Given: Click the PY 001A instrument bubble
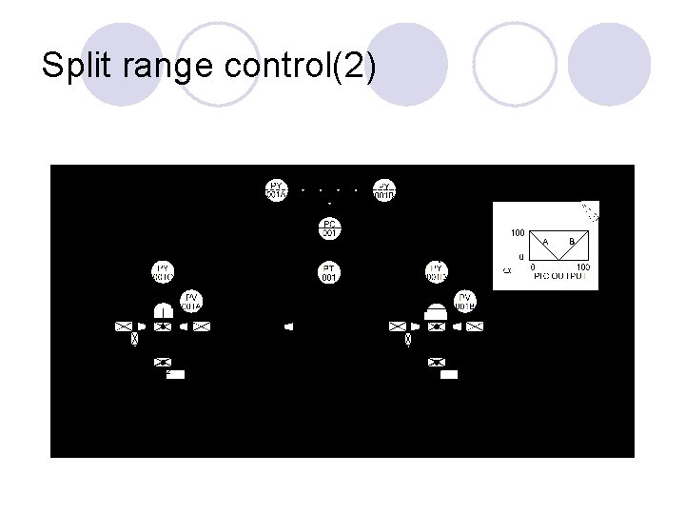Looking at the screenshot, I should click(x=276, y=189).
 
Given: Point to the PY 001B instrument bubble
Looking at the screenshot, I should click(x=383, y=189).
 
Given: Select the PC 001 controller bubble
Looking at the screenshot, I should click(x=329, y=228).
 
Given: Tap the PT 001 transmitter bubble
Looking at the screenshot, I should click(x=329, y=273).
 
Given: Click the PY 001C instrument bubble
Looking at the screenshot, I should click(x=163, y=272).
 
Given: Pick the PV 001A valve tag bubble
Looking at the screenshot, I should click(x=190, y=301).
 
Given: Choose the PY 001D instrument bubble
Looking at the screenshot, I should click(x=437, y=272).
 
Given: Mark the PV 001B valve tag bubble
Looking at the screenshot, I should click(x=465, y=301).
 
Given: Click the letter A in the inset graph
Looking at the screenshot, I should click(x=546, y=242).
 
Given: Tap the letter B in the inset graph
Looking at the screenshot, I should click(x=572, y=242).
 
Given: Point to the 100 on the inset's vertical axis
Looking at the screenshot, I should click(x=517, y=232).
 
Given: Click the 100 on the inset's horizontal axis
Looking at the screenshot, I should click(x=583, y=267).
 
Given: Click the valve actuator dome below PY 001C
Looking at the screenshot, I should click(x=163, y=310).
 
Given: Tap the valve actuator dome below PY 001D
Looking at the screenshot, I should click(x=437, y=311).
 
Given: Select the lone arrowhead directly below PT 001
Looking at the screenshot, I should click(x=288, y=326).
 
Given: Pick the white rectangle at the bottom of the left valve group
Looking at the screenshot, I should click(x=174, y=374).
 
